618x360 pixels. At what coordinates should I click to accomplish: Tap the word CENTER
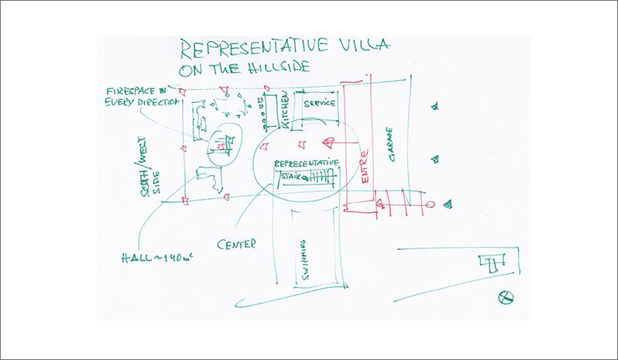point(236,245)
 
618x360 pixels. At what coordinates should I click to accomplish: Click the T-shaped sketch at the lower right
point(489,262)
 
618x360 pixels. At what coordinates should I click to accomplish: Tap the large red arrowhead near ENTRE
point(328,143)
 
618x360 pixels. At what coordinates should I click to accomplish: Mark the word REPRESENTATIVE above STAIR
point(307,163)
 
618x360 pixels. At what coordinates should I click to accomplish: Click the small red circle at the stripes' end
point(431,205)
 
